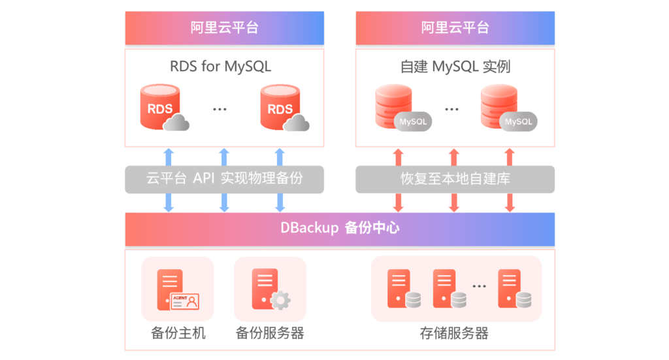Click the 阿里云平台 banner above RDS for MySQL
click(225, 27)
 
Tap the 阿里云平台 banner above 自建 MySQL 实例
click(455, 27)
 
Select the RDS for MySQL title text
click(221, 67)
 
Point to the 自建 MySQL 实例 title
click(455, 67)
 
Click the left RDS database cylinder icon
click(164, 108)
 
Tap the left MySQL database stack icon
click(403, 108)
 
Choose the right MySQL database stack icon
click(508, 108)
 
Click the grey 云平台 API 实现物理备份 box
click(225, 179)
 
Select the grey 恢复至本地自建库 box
click(455, 179)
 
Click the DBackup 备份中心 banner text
click(340, 228)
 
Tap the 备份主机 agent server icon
click(178, 289)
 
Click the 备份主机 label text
click(178, 333)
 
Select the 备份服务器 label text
click(270, 333)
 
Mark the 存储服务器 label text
click(455, 333)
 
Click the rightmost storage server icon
click(515, 289)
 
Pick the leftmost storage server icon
click(404, 289)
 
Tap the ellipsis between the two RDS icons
click(220, 110)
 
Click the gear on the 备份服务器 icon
click(281, 301)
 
